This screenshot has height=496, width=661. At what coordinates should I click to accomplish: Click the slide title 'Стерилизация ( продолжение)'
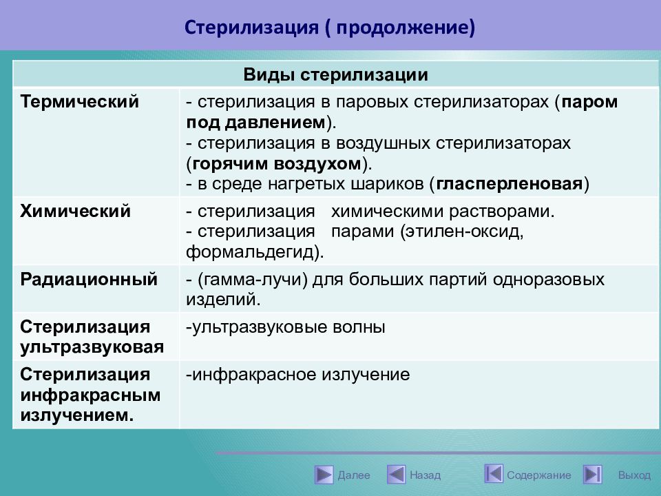point(330,28)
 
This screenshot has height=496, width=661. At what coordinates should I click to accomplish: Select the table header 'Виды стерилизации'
point(335,74)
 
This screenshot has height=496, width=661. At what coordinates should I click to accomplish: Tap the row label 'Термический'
point(80,102)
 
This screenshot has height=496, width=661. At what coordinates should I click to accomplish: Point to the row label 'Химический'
point(76,211)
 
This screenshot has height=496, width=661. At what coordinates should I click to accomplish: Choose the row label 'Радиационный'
point(89,279)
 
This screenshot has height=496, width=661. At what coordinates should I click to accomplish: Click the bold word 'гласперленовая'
point(510,184)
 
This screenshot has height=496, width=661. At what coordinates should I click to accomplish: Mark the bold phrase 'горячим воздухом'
point(277,164)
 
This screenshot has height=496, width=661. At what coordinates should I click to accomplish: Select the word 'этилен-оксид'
point(461,231)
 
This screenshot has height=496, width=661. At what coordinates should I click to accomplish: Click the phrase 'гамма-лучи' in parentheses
point(253,280)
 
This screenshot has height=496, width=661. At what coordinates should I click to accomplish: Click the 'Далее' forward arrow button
point(324,475)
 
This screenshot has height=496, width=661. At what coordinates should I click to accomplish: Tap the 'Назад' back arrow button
point(397,475)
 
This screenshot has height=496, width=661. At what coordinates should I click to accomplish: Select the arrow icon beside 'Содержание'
point(494,474)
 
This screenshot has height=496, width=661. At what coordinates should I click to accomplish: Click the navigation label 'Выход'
point(634,475)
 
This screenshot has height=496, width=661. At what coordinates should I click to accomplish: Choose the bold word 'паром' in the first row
point(589,102)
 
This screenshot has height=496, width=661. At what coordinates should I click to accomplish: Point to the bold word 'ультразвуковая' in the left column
point(92,347)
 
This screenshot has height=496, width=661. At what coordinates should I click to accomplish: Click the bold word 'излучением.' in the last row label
point(76,415)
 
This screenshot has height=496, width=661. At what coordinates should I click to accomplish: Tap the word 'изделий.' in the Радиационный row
point(223,300)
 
